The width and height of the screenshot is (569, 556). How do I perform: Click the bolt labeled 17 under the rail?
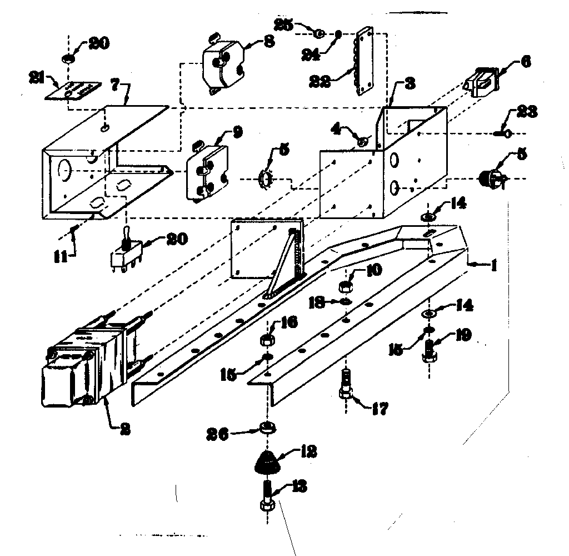[345, 385]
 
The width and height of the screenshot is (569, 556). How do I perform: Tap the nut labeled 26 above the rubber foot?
[268, 428]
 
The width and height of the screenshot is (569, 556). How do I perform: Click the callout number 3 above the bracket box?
[409, 85]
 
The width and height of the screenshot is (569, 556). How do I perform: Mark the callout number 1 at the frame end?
[491, 266]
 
